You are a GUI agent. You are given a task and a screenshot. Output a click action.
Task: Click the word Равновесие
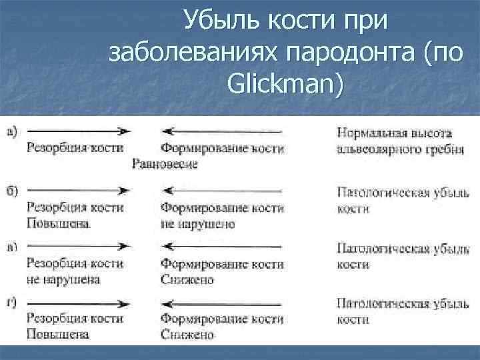(165, 163)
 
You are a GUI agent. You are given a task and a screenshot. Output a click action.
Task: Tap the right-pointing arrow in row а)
(77, 131)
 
